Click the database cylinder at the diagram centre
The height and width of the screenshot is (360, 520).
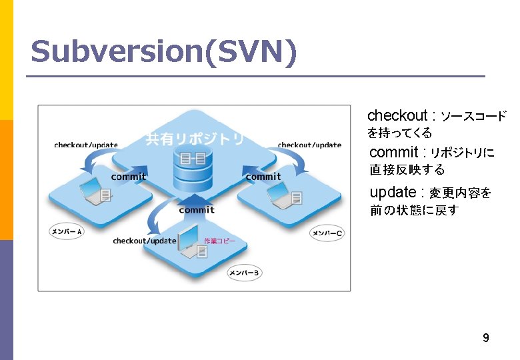[192, 169]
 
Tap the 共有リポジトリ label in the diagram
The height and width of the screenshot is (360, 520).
[195, 139]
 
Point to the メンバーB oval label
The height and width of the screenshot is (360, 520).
[244, 272]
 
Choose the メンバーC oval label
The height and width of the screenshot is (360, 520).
[327, 233]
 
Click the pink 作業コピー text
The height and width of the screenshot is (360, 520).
[219, 241]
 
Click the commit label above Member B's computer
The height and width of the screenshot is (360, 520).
[197, 210]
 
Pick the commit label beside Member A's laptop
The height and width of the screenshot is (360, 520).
[129, 177]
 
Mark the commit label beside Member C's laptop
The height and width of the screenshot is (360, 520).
[263, 177]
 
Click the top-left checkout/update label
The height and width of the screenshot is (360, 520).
[86, 145]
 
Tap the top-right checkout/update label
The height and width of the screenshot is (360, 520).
[309, 145]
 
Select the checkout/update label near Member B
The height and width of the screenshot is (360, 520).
[145, 241]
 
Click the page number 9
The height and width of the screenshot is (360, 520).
[486, 338]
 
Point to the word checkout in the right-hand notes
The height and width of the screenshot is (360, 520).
[397, 115]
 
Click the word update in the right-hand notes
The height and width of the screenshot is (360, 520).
[393, 192]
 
